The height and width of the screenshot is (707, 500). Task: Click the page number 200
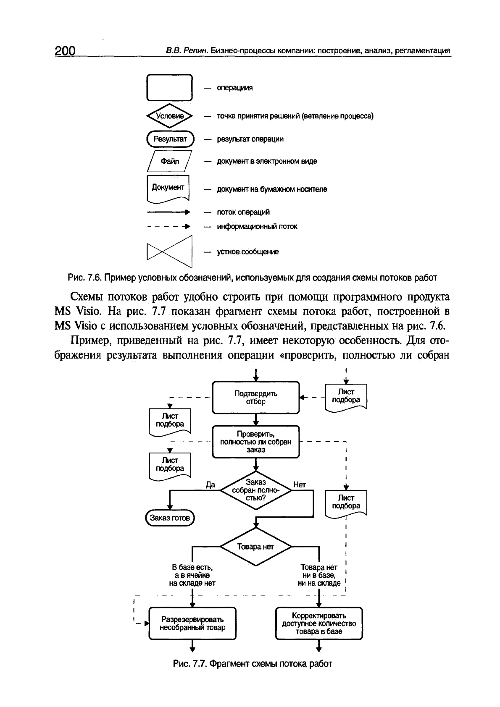64,51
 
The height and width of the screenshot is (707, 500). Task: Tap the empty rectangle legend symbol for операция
169,87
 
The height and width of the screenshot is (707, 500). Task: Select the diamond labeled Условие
169,116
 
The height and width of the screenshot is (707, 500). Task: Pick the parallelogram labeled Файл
169,161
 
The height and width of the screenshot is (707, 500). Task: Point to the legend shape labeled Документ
168,189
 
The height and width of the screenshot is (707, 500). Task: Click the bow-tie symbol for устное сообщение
169,252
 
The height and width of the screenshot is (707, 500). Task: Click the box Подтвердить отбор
255,398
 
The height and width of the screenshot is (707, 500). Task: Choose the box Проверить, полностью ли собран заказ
255,441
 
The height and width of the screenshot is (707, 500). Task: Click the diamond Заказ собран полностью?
255,490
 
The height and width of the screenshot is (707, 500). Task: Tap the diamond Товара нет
255,547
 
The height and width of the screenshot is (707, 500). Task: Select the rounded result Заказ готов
170,518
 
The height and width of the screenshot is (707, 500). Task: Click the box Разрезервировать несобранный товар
192,623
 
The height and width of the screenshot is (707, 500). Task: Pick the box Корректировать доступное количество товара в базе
318,623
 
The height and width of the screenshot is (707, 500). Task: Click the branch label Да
210,484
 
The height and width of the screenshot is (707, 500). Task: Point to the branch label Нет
300,484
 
